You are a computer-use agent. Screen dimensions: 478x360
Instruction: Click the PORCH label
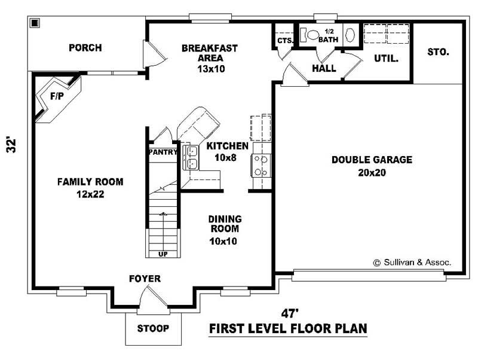pyautogui.click(x=85, y=48)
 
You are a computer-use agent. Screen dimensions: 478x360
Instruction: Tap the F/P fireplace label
pyautogui.click(x=57, y=96)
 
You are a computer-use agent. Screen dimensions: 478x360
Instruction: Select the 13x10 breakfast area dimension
pyautogui.click(x=211, y=69)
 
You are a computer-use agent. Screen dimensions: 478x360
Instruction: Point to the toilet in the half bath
pyautogui.click(x=309, y=35)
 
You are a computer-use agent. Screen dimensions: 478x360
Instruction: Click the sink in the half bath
pyautogui.click(x=350, y=35)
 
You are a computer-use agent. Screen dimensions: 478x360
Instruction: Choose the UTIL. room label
pyautogui.click(x=386, y=58)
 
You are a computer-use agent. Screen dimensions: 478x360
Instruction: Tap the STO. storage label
pyautogui.click(x=438, y=52)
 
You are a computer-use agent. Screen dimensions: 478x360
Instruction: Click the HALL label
pyautogui.click(x=324, y=68)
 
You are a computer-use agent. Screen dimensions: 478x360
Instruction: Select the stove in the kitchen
pyautogui.click(x=261, y=166)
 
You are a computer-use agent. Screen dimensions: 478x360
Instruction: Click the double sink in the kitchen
pyautogui.click(x=191, y=157)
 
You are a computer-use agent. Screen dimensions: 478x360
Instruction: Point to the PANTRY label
pyautogui.click(x=163, y=152)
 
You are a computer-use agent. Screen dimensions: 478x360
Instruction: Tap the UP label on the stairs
pyautogui.click(x=163, y=254)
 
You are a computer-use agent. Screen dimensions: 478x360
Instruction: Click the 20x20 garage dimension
pyautogui.click(x=372, y=173)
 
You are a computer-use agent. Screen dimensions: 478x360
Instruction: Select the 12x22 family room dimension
pyautogui.click(x=90, y=194)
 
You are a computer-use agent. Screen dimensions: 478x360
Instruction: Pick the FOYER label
pyautogui.click(x=145, y=279)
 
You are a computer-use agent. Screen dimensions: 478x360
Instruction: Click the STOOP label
pyautogui.click(x=153, y=328)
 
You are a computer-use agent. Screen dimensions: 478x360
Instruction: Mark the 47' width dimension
pyautogui.click(x=289, y=313)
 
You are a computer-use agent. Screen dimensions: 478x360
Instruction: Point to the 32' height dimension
pyautogui.click(x=11, y=145)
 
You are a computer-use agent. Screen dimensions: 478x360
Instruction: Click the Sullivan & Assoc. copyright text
pyautogui.click(x=412, y=263)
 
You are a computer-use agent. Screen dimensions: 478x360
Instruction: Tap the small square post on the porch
pyautogui.click(x=35, y=23)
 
